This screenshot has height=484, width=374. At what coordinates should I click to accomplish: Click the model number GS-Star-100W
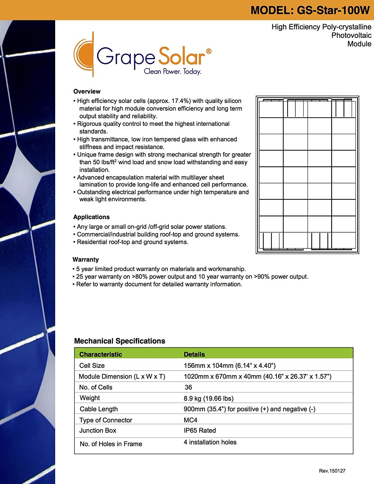(x=333, y=10)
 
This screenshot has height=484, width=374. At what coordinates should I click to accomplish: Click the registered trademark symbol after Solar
(x=209, y=51)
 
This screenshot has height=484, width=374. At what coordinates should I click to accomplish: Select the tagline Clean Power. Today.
(x=173, y=71)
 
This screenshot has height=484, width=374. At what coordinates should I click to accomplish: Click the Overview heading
(x=87, y=91)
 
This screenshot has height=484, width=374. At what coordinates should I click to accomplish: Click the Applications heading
(x=91, y=217)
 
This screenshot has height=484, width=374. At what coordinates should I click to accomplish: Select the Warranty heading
(x=86, y=259)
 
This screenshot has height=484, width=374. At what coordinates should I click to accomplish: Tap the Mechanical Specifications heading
(x=119, y=341)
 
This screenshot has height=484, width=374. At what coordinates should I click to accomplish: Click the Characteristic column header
(x=101, y=354)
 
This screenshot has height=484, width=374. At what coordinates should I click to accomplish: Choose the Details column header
(x=194, y=354)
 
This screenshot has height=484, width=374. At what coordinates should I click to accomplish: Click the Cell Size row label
(x=92, y=366)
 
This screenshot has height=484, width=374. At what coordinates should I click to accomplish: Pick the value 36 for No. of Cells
(x=188, y=387)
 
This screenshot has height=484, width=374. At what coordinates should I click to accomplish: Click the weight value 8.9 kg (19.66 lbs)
(x=208, y=398)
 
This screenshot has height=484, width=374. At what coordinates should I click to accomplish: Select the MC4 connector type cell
(x=190, y=420)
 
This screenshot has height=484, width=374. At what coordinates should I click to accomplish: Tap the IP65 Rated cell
(x=200, y=430)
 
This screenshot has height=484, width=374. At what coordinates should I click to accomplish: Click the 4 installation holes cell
(x=210, y=442)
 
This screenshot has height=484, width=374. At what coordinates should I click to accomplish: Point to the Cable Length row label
(x=99, y=409)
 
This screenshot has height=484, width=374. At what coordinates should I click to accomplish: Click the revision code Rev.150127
(x=332, y=471)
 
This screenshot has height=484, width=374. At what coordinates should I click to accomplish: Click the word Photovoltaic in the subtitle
(x=351, y=35)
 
